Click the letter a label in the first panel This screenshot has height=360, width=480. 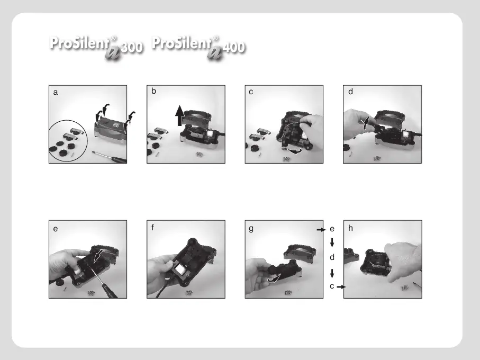pyautogui.click(x=56, y=93)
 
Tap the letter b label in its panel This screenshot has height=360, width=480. pyautogui.click(x=153, y=91)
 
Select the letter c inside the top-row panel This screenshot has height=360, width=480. pyautogui.click(x=251, y=92)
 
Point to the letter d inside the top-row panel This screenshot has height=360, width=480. pyautogui.click(x=350, y=92)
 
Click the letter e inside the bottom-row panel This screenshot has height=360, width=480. pyautogui.click(x=56, y=229)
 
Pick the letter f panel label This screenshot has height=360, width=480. pyautogui.click(x=153, y=228)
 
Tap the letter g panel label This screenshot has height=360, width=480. pyautogui.click(x=251, y=229)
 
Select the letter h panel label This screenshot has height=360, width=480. pyautogui.click(x=350, y=228)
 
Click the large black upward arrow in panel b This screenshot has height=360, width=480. pyautogui.click(x=180, y=116)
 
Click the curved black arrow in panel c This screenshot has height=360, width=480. pyautogui.click(x=294, y=151)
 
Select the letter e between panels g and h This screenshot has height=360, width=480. pyautogui.click(x=332, y=229)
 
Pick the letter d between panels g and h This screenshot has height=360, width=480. pyautogui.click(x=332, y=257)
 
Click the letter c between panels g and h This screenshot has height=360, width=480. pyautogui.click(x=332, y=286)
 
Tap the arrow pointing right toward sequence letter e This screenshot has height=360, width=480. pyautogui.click(x=321, y=230)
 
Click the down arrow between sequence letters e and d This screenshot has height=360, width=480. pyautogui.click(x=332, y=243)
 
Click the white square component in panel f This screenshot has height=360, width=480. pyautogui.click(x=180, y=270)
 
